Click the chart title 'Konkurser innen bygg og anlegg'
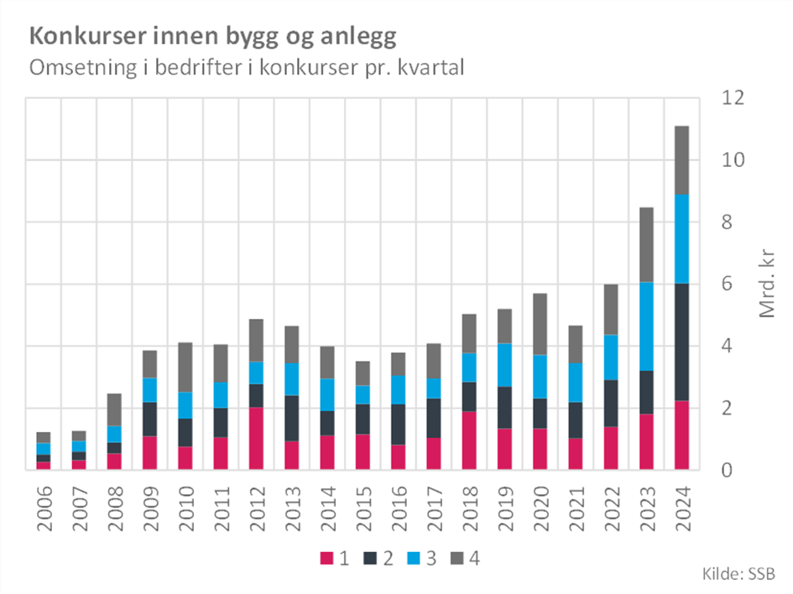(x=212, y=37)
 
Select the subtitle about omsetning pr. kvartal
(x=247, y=68)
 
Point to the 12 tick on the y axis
(x=734, y=98)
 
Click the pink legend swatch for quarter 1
(x=326, y=558)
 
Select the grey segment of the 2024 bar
(x=681, y=159)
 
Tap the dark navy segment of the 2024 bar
(x=681, y=342)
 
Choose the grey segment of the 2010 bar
(x=185, y=367)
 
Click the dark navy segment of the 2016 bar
(x=398, y=424)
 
